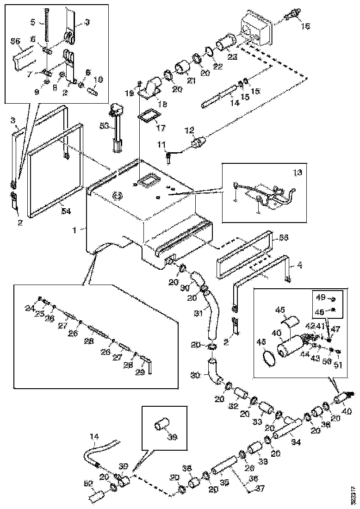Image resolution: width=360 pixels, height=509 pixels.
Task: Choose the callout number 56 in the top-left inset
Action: tap(15, 42)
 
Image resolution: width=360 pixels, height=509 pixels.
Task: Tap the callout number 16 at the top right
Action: tap(306, 26)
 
